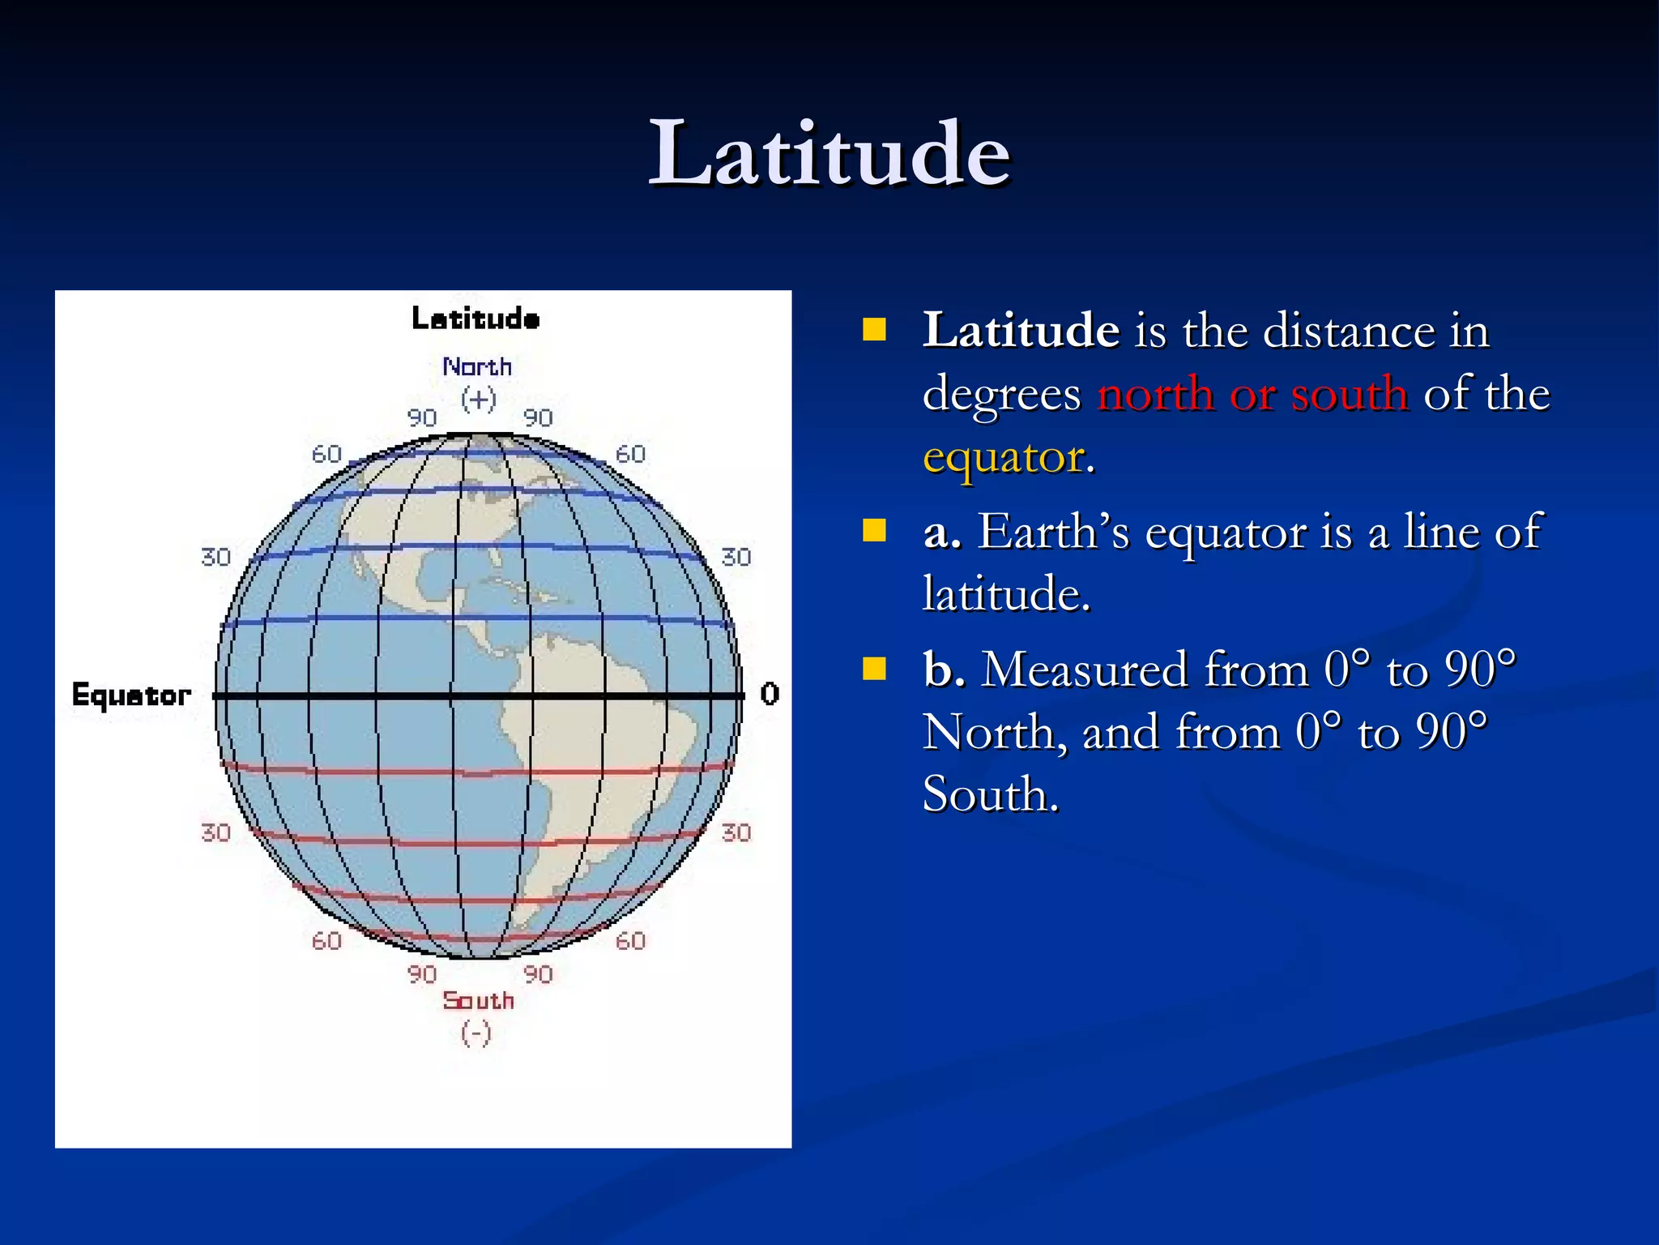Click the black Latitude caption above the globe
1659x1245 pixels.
click(476, 319)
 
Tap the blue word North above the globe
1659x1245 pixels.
click(477, 367)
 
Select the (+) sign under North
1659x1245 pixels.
click(478, 399)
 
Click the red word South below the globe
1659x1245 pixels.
click(478, 1001)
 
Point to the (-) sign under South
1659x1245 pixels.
click(476, 1033)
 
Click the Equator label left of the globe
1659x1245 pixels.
click(131, 695)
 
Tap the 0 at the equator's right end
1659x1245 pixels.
click(770, 694)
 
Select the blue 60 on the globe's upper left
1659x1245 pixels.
click(326, 454)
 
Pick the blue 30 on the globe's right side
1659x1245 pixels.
click(736, 557)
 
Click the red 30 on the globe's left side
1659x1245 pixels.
click(215, 832)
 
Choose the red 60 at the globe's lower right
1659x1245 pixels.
click(630, 941)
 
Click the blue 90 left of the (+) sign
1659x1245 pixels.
click(421, 417)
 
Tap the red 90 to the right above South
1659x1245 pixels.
click(538, 973)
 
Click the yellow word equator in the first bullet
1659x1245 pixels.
click(1003, 458)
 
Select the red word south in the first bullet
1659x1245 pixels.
click(1349, 395)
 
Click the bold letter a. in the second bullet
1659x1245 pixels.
click(942, 533)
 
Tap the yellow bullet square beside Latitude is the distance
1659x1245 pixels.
click(874, 330)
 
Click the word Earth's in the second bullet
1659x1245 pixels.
click(1053, 533)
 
